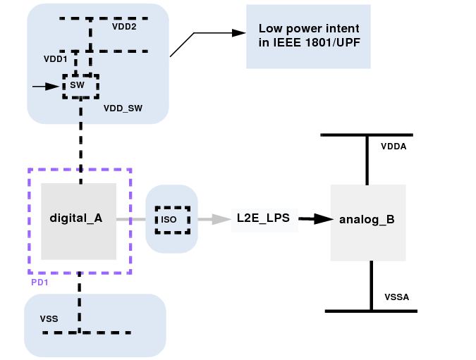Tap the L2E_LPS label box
tap(264, 218)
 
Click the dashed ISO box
tap(172, 219)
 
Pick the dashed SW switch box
tap(80, 85)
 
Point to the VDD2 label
tap(124, 27)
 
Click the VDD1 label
tap(55, 59)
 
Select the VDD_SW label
tap(123, 108)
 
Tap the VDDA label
tap(393, 147)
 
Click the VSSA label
tap(397, 298)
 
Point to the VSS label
tap(49, 319)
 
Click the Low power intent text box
tap(308, 36)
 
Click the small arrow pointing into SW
tap(47, 87)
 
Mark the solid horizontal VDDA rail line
tap(366, 135)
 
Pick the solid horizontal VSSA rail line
tap(371, 311)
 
